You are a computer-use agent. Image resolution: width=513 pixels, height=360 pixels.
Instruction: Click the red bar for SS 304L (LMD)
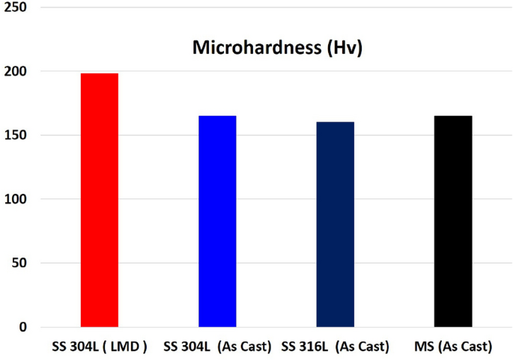pos(99,200)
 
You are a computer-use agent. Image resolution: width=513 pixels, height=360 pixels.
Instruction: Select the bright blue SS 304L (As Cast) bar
pos(217,222)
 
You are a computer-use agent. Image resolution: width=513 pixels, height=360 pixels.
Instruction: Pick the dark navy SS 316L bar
pos(335,225)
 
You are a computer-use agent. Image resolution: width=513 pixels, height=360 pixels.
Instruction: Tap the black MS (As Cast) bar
pos(453,222)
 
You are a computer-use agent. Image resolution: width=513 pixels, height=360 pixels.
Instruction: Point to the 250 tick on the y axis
pos(15,7)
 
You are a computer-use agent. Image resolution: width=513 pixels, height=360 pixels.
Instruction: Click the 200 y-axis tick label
pos(15,72)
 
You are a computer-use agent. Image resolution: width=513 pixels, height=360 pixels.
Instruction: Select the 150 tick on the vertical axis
pos(15,135)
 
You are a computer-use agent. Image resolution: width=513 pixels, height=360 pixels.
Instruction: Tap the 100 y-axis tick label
pos(15,200)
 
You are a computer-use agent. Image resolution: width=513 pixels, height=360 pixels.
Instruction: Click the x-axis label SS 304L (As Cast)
pos(217,347)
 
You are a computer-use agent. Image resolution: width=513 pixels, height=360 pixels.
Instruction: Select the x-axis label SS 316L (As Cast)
pos(335,347)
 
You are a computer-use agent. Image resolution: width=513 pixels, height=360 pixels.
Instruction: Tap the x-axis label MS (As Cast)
pos(453,347)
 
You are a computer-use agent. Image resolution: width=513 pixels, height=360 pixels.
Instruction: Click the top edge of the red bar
pos(99,73)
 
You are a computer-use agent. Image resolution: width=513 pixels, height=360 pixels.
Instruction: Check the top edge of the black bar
pos(453,116)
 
